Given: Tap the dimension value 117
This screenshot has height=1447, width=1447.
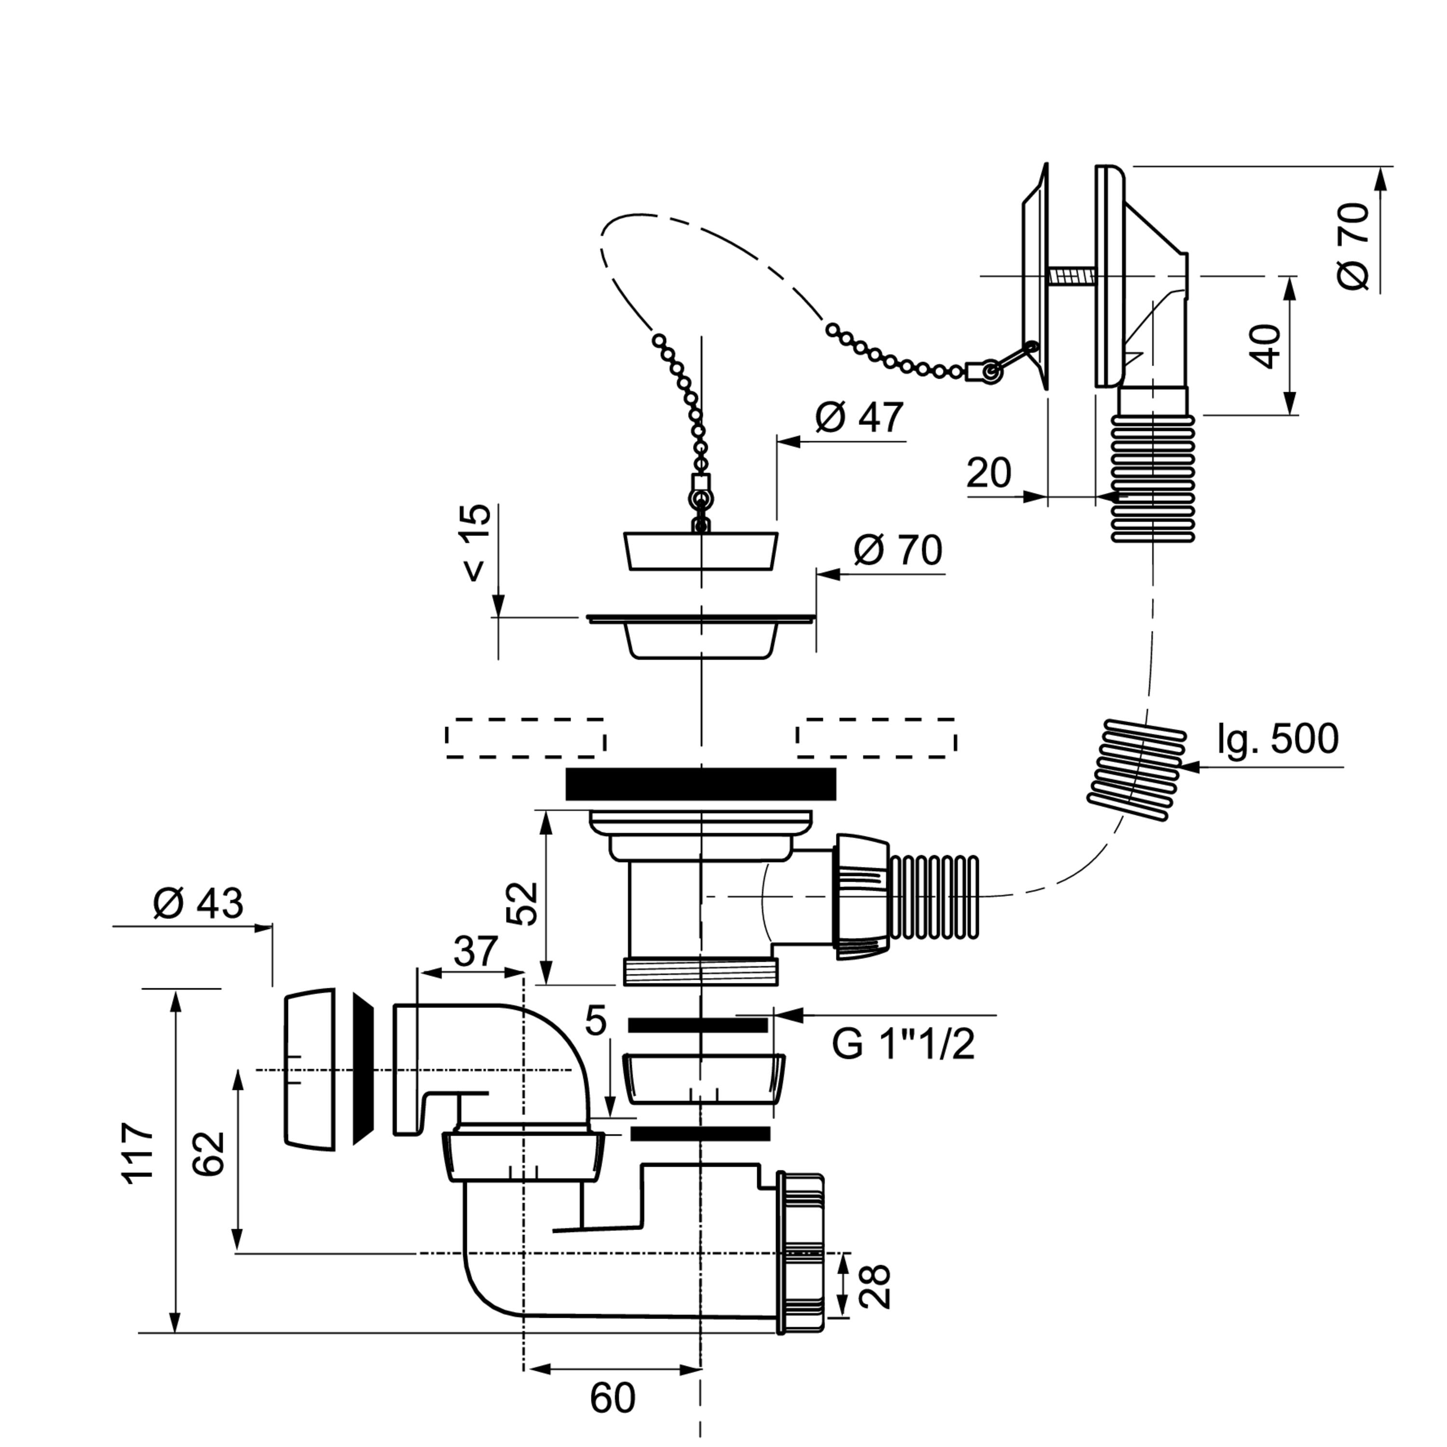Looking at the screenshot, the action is pyautogui.click(x=138, y=1153).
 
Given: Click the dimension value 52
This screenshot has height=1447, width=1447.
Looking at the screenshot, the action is pyautogui.click(x=522, y=902).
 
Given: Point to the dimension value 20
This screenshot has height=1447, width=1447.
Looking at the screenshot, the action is pyautogui.click(x=989, y=473).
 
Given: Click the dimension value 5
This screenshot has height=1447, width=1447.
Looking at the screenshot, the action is pyautogui.click(x=595, y=1021).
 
